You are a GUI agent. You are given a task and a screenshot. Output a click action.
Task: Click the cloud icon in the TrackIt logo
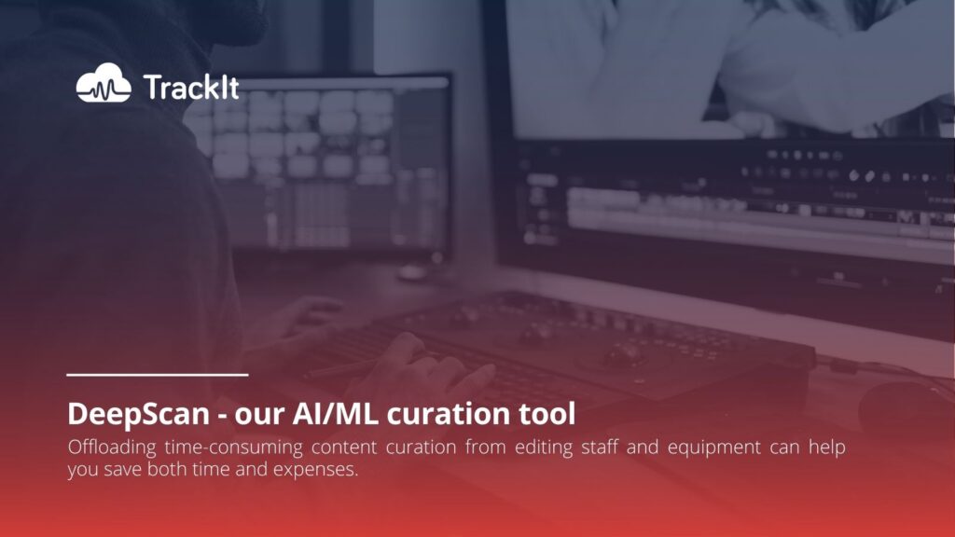tap(104, 83)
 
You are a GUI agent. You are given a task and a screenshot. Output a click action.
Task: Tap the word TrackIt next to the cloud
tap(191, 87)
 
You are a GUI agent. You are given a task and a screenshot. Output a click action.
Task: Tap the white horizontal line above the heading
tap(157, 375)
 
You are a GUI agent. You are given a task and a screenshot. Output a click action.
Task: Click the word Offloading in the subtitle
tap(112, 447)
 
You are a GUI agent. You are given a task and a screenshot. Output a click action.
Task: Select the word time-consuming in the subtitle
tap(233, 447)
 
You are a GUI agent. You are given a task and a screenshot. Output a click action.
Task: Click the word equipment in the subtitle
tap(713, 448)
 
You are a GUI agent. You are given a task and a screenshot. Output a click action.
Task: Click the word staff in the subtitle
tap(600, 447)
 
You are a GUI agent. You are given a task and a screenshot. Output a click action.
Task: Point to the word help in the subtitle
tap(827, 447)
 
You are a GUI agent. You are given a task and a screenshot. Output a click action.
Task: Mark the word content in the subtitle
tap(344, 448)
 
